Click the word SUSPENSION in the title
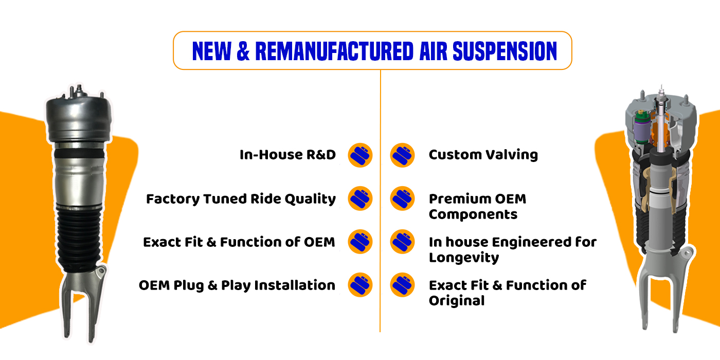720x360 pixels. point(505,51)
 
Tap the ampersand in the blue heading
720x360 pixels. point(243,51)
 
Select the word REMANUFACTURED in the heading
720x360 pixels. point(334,51)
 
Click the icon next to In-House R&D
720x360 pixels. point(360,155)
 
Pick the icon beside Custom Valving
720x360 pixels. point(402,155)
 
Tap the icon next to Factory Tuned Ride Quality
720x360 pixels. point(360,199)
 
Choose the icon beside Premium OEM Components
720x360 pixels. point(402,199)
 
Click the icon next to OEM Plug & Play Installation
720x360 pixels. point(360,285)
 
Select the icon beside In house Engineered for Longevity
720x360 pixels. point(402,242)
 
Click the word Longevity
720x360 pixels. point(464,258)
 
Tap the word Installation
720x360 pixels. point(295,285)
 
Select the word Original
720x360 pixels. point(457,301)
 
